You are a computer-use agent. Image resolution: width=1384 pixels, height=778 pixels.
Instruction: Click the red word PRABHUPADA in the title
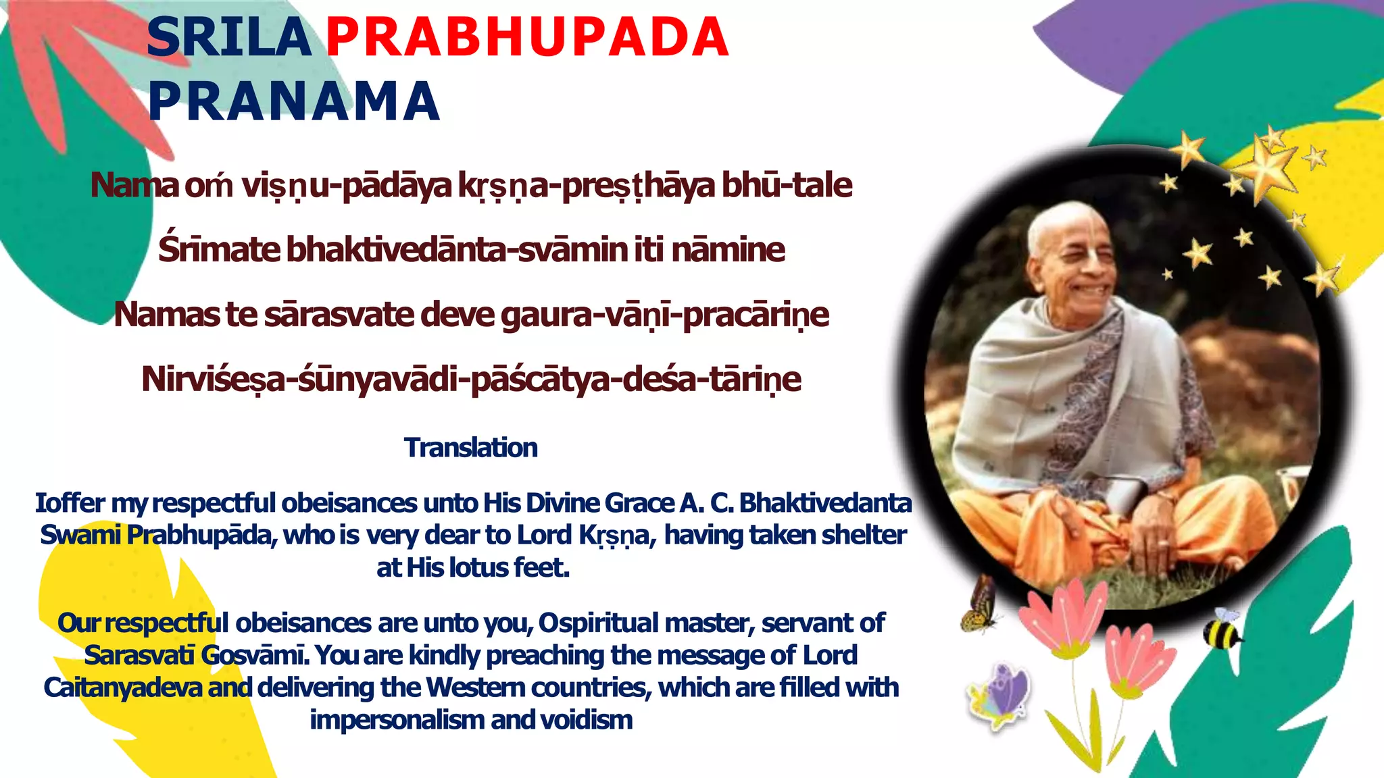(527, 37)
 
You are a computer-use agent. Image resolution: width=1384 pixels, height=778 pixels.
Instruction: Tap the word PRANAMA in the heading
(294, 101)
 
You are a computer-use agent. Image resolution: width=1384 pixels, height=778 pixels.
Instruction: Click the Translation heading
(471, 448)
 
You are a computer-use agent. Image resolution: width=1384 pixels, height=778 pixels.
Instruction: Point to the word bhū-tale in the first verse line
(787, 185)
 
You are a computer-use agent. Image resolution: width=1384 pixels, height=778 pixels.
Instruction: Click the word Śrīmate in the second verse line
(218, 249)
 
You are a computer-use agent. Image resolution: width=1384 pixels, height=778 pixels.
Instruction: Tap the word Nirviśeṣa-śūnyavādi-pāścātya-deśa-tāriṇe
(471, 379)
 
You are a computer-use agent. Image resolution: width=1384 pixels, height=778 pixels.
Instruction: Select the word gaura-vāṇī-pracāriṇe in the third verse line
(665, 315)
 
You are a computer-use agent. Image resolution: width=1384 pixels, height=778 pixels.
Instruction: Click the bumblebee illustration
(1222, 629)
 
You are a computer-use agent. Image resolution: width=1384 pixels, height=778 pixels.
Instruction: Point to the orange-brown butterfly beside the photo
(979, 604)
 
